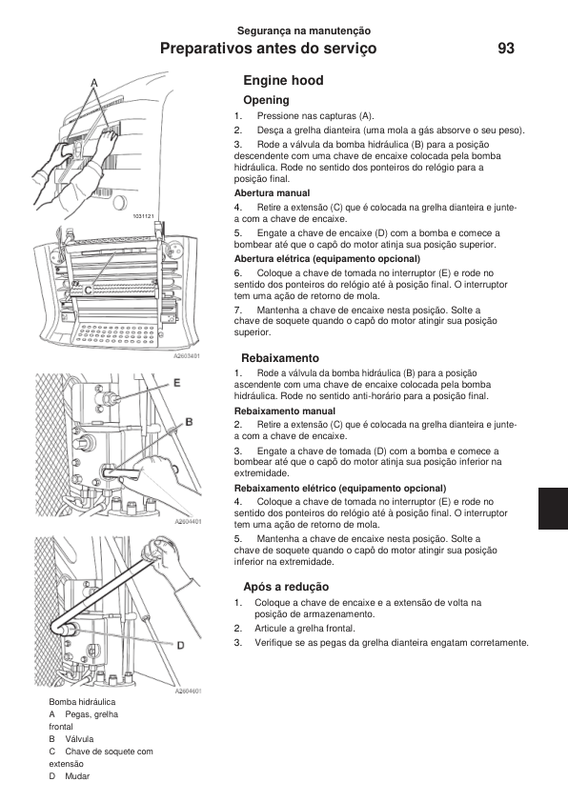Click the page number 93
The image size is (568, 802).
[x=505, y=49]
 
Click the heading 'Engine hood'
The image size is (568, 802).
[x=283, y=80]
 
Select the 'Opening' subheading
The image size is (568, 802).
[x=266, y=100]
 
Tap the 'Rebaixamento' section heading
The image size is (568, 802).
[x=280, y=358]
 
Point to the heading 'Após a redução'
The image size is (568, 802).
[x=286, y=587]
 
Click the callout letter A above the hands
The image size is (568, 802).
[x=94, y=82]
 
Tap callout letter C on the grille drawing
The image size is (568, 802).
[x=88, y=291]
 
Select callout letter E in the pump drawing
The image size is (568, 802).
[x=177, y=383]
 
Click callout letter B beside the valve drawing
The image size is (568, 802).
[x=189, y=422]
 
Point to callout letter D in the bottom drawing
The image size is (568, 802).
[x=181, y=646]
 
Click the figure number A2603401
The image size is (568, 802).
[x=187, y=356]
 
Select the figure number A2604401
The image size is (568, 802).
[x=188, y=522]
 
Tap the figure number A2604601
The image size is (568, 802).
[x=188, y=691]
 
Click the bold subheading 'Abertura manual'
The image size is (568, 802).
[x=272, y=193]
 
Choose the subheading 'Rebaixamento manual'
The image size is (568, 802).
[x=285, y=411]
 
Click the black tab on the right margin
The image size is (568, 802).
[x=553, y=509]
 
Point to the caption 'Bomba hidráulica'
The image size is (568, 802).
[x=82, y=702]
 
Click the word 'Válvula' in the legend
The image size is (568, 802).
[x=79, y=739]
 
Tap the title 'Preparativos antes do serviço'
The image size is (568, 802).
[x=268, y=49]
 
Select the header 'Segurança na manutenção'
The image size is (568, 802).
[x=303, y=30]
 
